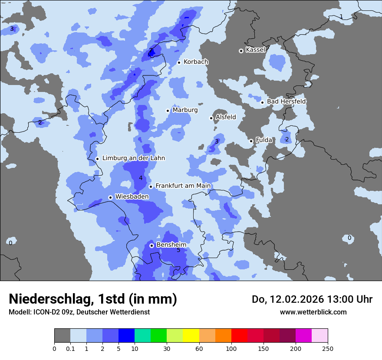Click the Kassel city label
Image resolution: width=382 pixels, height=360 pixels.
tap(255, 50)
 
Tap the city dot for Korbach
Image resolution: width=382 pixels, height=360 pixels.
tap(179, 62)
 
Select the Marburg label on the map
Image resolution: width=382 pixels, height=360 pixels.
tap(185, 110)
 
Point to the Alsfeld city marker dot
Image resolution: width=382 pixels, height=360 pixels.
tap(211, 118)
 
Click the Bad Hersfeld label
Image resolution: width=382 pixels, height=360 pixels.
tap(286, 101)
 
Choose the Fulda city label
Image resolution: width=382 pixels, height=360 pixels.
tap(264, 140)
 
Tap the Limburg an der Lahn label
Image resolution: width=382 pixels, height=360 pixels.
tap(133, 158)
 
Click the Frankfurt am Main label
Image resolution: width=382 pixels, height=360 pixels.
tap(183, 186)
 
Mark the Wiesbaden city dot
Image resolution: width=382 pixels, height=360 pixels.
tap(111, 197)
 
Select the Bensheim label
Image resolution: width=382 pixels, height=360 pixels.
tap(171, 245)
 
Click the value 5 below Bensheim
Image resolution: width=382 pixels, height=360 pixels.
tap(178, 250)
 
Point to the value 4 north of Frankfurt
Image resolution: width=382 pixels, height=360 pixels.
tap(141, 178)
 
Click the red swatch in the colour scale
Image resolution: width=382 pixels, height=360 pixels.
tap(239, 336)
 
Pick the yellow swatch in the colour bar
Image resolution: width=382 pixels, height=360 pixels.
tap(191, 336)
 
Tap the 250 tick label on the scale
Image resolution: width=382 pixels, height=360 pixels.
tap(328, 349)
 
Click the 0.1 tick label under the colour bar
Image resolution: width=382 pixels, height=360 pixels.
tap(70, 349)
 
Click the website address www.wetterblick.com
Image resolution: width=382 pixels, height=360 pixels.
tap(313, 312)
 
